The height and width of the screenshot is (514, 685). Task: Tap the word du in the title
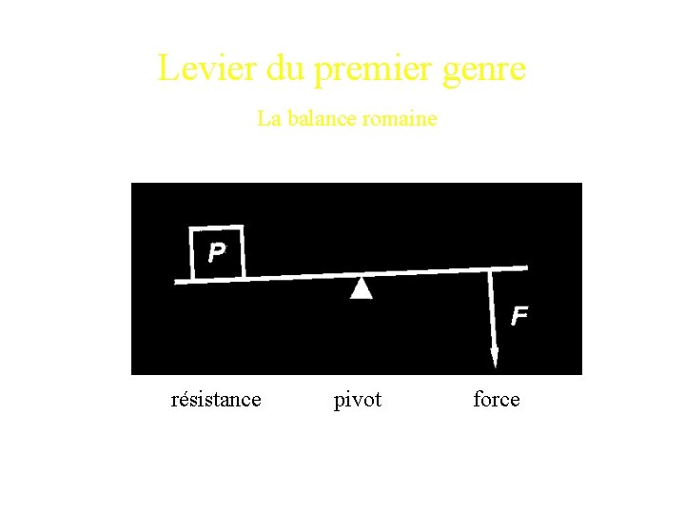tap(264, 69)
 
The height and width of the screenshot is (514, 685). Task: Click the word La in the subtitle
tap(269, 119)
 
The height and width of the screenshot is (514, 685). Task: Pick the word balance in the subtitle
tap(321, 119)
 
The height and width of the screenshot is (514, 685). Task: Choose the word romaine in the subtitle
tap(400, 119)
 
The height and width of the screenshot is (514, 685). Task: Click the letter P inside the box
tap(217, 252)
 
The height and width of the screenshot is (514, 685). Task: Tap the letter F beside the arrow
tap(519, 315)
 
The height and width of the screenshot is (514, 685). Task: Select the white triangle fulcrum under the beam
tap(361, 288)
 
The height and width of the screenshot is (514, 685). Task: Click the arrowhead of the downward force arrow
tap(494, 357)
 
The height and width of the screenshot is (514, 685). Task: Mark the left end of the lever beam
tap(178, 281)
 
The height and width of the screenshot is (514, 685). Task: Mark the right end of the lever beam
tap(524, 267)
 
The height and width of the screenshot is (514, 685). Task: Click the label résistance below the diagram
tap(216, 400)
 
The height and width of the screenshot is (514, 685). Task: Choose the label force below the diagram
tap(497, 400)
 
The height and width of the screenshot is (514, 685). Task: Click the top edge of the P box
tap(217, 228)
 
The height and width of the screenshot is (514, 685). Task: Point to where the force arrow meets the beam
tap(490, 270)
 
